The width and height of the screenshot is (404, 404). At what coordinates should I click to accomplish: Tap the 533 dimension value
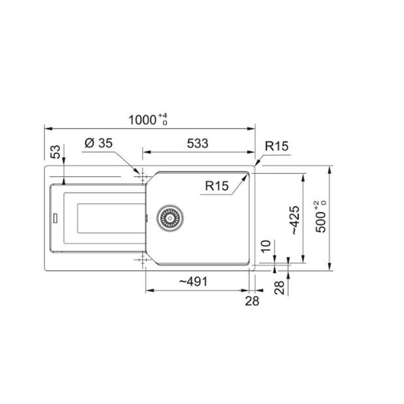coord(198,144)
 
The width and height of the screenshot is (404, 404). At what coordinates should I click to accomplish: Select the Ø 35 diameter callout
coord(99,143)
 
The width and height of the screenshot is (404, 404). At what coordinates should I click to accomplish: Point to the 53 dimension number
coord(56,151)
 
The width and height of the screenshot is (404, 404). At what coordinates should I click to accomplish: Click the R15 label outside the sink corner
coord(277,146)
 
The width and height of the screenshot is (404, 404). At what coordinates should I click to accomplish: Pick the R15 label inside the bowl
coord(217,186)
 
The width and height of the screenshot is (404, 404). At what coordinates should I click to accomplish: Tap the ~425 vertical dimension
coord(295,220)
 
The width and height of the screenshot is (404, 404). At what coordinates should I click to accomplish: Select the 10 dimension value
coord(266,246)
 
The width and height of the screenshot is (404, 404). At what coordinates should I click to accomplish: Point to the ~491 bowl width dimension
coord(193,282)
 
